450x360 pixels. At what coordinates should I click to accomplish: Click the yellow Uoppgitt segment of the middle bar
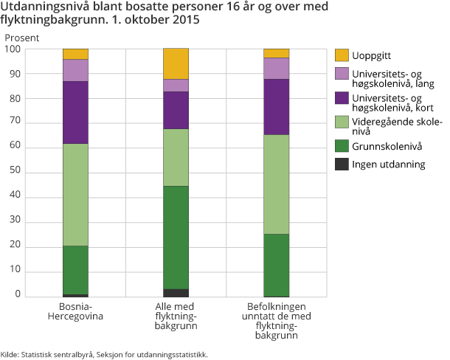(176, 63)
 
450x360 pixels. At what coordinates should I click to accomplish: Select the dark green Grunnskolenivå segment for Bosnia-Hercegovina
(75, 270)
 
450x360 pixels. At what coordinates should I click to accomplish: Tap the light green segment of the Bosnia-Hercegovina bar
(75, 195)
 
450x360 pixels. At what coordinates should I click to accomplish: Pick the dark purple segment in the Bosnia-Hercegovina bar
(75, 112)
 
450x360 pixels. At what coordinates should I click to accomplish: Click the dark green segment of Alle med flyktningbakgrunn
(176, 237)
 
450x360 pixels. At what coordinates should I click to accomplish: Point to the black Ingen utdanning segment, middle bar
(176, 293)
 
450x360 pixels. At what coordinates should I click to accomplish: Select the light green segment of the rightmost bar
(276, 184)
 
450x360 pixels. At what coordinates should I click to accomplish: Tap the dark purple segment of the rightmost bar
(276, 107)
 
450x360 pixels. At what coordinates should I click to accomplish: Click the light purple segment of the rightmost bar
(276, 68)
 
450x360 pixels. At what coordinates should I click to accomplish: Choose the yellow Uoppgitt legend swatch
(341, 55)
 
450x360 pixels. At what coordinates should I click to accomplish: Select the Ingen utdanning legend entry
(388, 164)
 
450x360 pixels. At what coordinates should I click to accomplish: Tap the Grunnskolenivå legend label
(387, 145)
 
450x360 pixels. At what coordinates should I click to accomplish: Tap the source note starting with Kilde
(104, 354)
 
